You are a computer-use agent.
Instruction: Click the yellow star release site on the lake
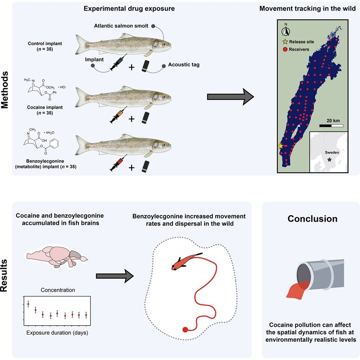[280, 146]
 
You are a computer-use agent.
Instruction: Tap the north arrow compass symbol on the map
[286, 31]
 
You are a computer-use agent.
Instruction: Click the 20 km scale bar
[331, 126]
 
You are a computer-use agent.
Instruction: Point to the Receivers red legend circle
[285, 49]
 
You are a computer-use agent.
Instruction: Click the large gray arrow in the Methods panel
[230, 97]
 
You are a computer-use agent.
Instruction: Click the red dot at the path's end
[185, 329]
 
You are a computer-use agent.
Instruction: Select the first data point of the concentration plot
[28, 304]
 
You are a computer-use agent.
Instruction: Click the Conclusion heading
[312, 219]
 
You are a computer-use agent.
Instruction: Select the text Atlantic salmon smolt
[123, 26]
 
